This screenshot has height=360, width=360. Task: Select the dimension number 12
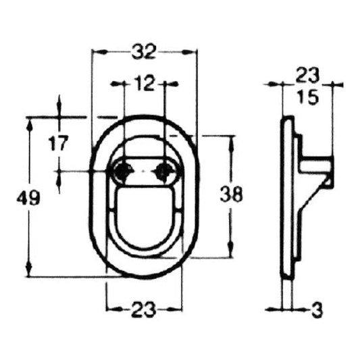144,84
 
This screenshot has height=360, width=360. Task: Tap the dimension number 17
58,143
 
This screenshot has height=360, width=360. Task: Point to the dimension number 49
28,198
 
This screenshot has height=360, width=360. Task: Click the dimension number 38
231,195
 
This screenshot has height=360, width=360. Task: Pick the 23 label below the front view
143,310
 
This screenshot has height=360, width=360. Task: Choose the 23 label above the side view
307,75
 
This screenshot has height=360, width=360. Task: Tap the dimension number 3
317,311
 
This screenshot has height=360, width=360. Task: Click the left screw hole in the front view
123,171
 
